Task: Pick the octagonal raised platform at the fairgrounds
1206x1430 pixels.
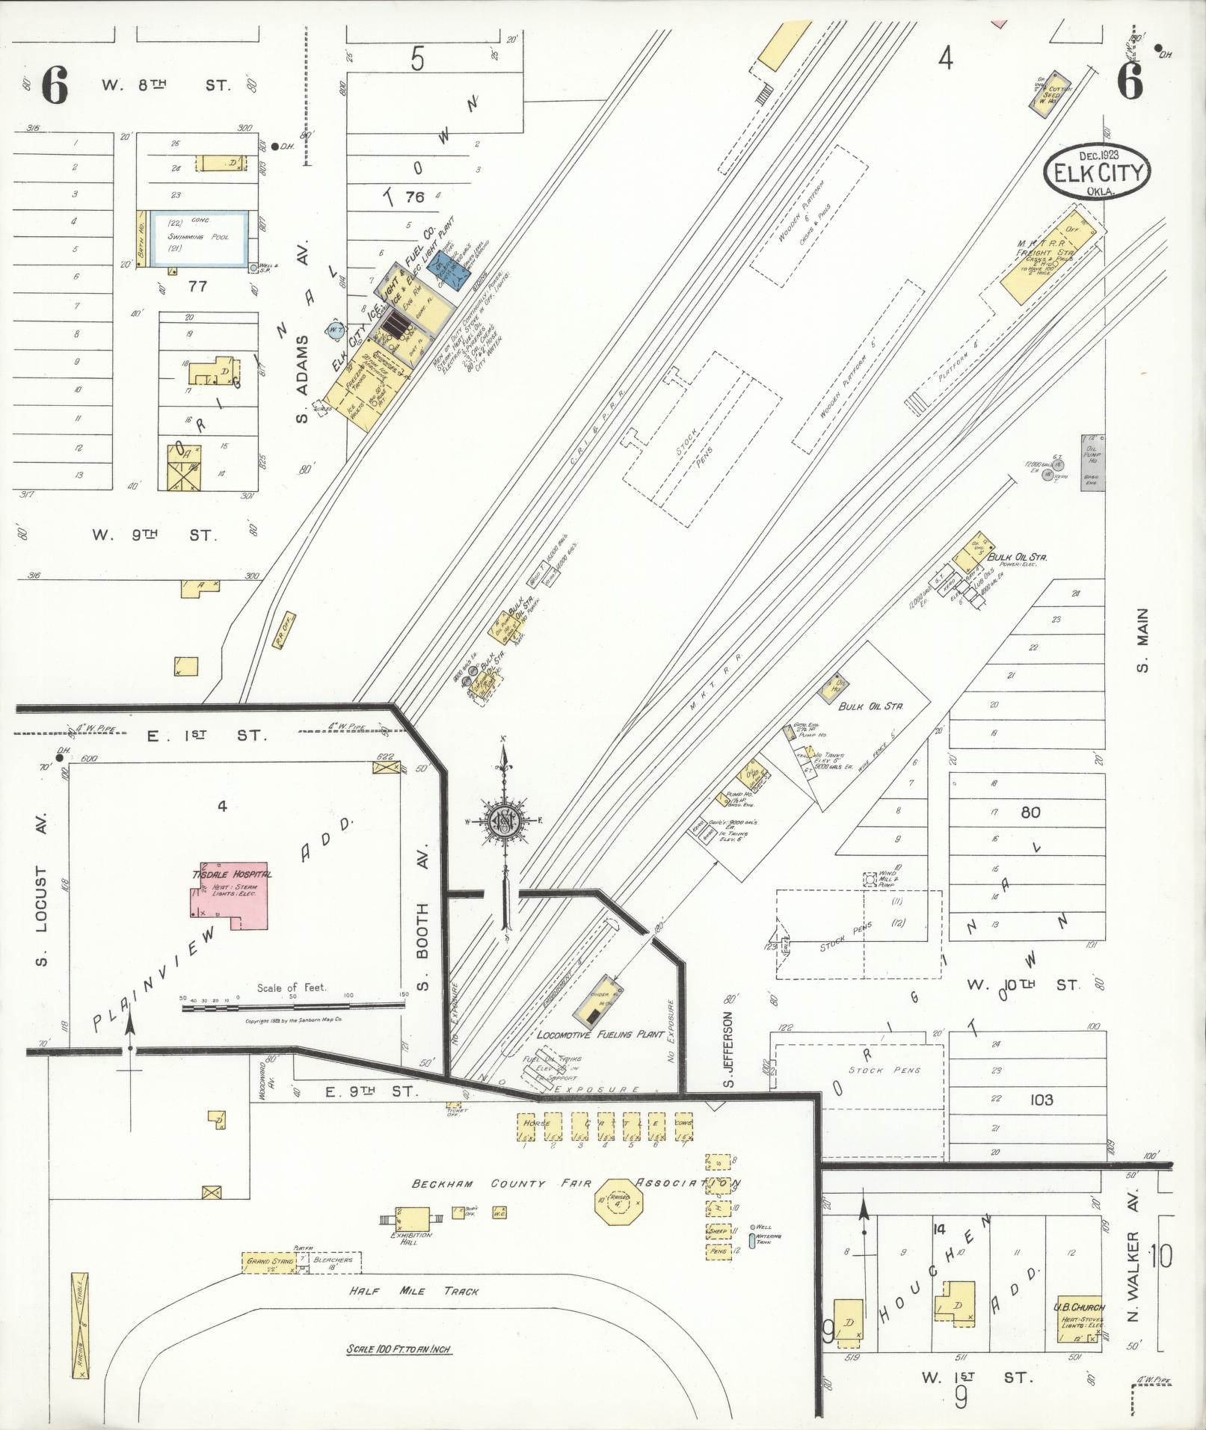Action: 619,1203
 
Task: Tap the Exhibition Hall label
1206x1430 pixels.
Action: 412,1235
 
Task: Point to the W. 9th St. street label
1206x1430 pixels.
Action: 155,535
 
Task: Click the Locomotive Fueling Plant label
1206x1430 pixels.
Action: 600,1035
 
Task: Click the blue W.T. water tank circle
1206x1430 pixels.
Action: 336,329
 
